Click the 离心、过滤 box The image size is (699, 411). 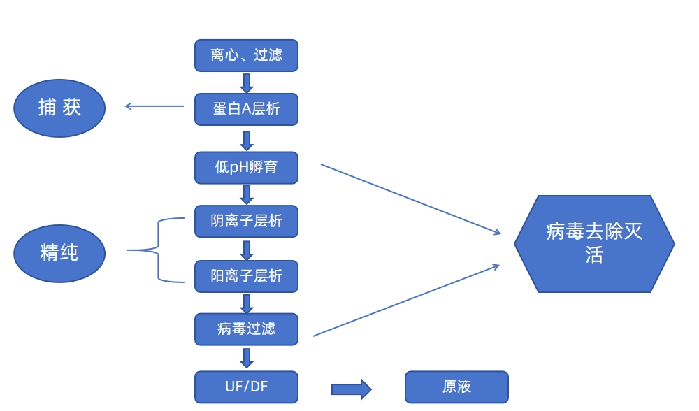[x=246, y=55]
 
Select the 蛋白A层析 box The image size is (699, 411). [x=246, y=109]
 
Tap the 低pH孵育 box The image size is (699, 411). [x=246, y=168]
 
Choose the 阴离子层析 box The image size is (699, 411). [x=246, y=221]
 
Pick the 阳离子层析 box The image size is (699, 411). [x=246, y=276]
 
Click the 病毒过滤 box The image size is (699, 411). [x=246, y=329]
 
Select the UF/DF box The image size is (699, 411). [x=246, y=387]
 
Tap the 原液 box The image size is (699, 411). [x=456, y=387]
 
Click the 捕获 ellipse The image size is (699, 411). [x=59, y=108]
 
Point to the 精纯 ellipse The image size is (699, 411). [x=59, y=253]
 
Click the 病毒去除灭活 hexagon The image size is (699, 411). [x=594, y=243]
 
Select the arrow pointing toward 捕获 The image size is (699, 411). [x=154, y=106]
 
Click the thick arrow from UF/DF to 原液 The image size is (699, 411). [x=351, y=389]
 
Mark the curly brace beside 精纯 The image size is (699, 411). [x=159, y=250]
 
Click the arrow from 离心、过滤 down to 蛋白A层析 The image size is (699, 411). [x=246, y=82]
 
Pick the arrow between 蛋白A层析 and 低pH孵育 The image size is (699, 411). [x=246, y=140]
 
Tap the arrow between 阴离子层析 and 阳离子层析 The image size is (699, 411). [x=246, y=250]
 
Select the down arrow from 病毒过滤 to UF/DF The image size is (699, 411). [x=246, y=358]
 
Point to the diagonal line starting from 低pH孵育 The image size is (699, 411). [x=411, y=199]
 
